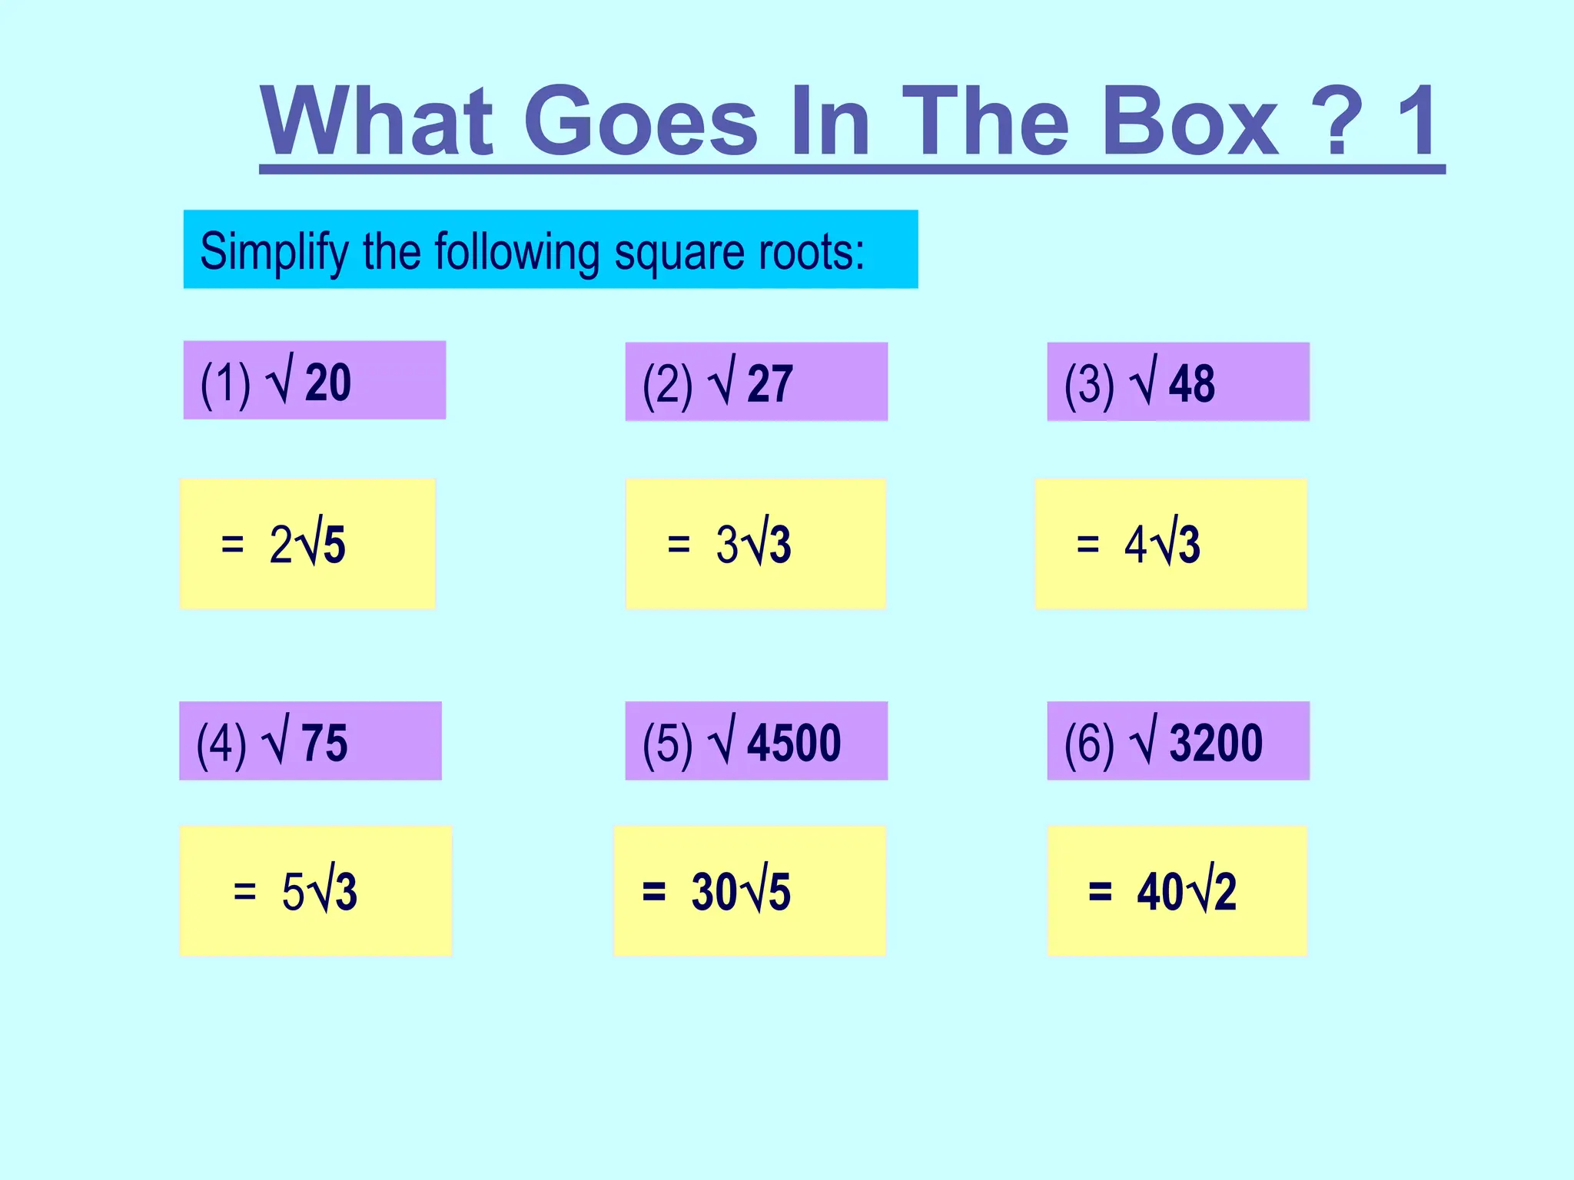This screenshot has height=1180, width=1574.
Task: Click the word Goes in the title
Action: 641,121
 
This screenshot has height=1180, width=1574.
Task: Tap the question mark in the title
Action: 1337,121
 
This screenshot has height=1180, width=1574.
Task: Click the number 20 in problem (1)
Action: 328,382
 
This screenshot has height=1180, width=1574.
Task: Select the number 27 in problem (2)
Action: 769,383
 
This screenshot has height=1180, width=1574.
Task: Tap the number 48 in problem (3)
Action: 1191,383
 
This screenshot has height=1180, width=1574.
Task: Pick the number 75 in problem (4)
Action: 324,743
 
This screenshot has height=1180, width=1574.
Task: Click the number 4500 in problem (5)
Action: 794,743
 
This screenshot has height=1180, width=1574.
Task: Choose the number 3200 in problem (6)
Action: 1216,743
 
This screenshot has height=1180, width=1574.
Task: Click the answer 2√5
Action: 307,545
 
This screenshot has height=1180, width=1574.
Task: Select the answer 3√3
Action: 753,545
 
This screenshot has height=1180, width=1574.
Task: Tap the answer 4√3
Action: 1161,545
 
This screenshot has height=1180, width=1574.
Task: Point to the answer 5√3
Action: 319,892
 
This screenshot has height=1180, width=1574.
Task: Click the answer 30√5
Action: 741,892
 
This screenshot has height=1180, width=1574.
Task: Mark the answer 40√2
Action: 1187,892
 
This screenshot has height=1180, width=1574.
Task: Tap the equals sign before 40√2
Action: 1100,892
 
